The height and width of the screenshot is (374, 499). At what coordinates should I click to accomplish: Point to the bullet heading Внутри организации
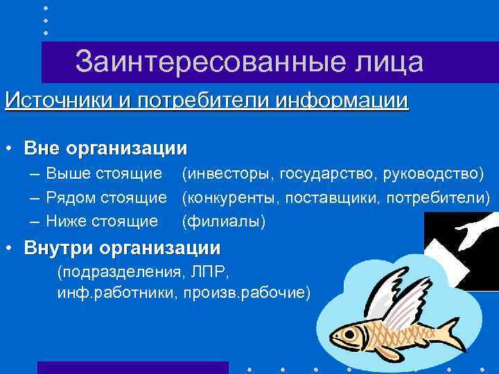tap(122, 247)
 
